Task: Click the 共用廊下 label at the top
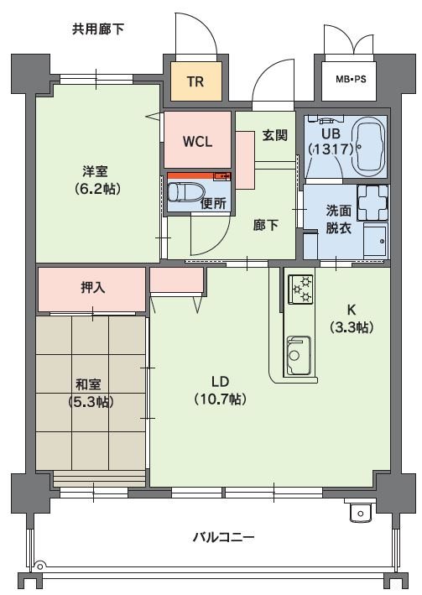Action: click(98, 29)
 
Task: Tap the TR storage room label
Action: click(195, 81)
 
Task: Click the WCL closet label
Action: click(197, 139)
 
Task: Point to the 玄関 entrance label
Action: click(274, 134)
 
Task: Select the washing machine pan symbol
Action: click(372, 201)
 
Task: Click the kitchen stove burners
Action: click(300, 290)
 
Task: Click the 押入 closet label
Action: click(92, 287)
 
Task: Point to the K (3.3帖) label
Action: click(350, 317)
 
